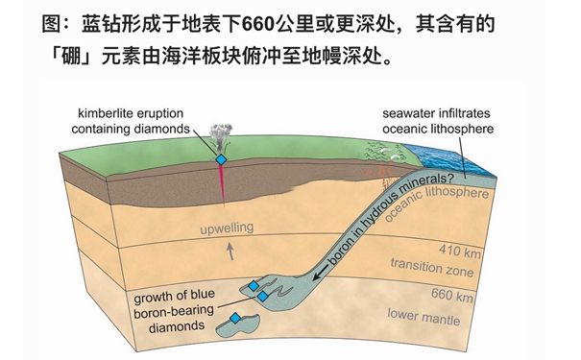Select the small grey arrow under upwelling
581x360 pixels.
coord(229,252)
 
